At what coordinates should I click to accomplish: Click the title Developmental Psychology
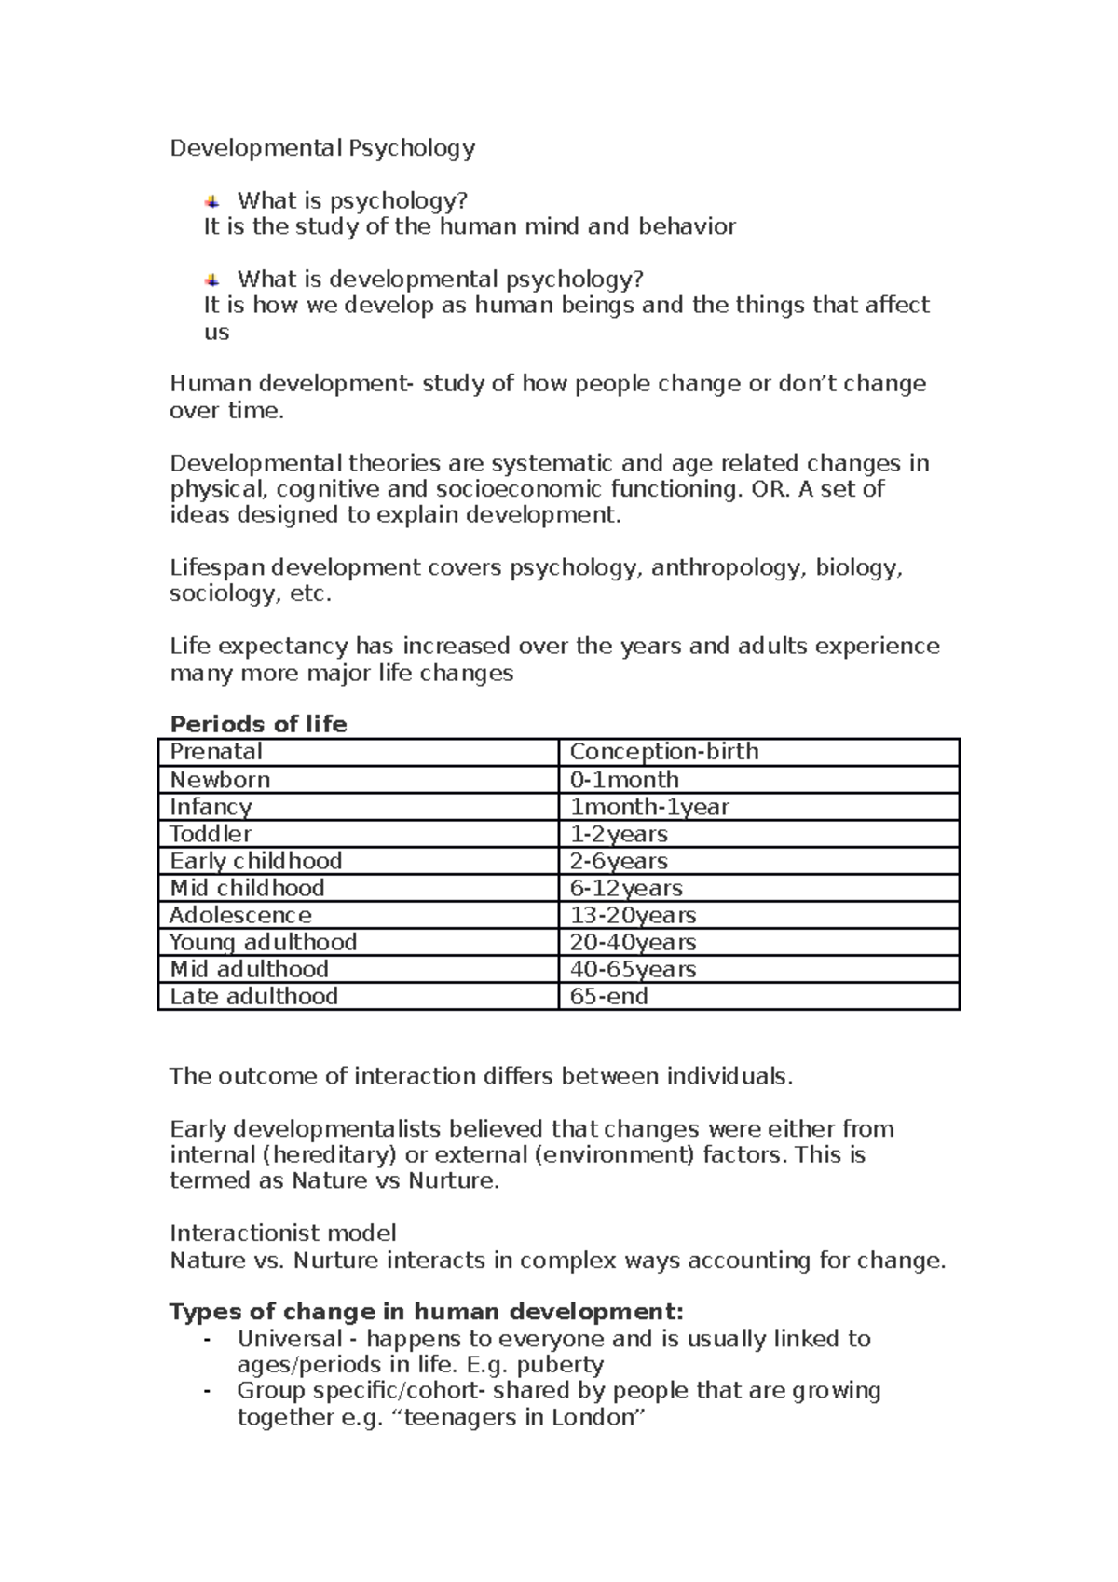pos(322,148)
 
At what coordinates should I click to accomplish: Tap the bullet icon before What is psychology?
pos(212,200)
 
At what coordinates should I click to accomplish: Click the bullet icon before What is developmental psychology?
pos(212,280)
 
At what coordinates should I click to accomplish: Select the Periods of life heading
pos(258,724)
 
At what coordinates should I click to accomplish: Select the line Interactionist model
pos(283,1234)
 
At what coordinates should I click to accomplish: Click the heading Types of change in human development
pos(426,1312)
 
